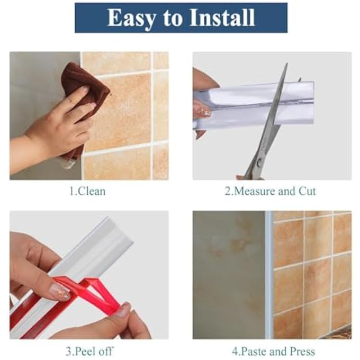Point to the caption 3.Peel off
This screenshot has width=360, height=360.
tap(90, 350)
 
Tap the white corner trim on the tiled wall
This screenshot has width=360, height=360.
tap(269, 275)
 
